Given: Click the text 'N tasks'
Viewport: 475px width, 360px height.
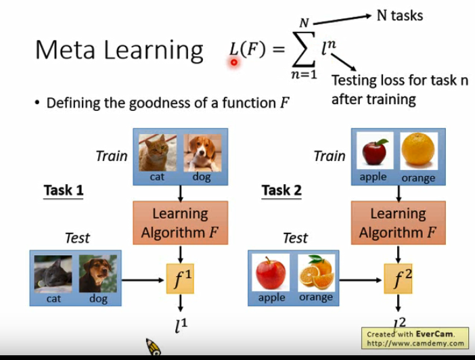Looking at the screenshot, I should [x=399, y=15].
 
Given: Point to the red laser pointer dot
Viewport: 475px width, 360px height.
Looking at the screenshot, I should [x=234, y=62].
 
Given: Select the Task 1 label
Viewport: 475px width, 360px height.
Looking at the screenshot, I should [x=64, y=190].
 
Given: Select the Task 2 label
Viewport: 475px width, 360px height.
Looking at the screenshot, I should [x=281, y=190].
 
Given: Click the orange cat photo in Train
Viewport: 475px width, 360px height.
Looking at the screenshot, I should [x=158, y=152].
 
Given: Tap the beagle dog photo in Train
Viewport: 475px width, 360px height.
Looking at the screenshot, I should [x=202, y=152].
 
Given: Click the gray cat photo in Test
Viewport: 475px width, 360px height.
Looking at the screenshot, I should [x=53, y=273].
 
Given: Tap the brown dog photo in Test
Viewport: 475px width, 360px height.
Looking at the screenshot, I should [x=98, y=273].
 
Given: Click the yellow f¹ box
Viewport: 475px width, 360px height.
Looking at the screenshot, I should [x=181, y=278].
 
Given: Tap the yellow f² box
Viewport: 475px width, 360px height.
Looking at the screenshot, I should [x=399, y=278].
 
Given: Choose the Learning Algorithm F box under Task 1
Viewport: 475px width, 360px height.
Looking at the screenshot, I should [x=180, y=223].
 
